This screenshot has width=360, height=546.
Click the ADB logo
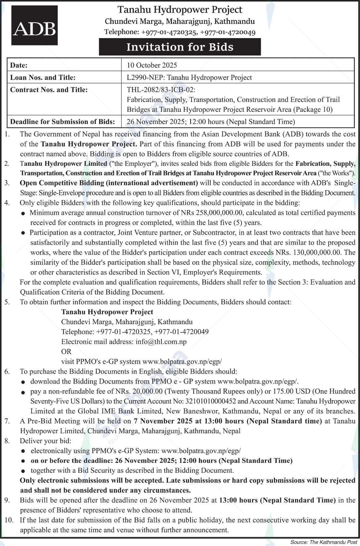[x=34, y=25]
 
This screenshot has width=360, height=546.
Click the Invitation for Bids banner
[x=180, y=47]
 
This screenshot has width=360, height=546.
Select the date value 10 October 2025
[x=152, y=65]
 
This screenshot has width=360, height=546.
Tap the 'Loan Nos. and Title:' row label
[x=43, y=78]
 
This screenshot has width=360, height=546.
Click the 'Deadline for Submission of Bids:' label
[x=62, y=122]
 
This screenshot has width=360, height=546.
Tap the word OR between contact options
[x=66, y=352]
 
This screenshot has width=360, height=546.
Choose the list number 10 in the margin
[x=9, y=520]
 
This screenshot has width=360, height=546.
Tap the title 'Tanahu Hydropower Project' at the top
[x=180, y=10]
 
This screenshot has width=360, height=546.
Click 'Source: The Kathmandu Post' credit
[x=323, y=542]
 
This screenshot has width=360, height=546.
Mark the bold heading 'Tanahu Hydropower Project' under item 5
[x=107, y=312]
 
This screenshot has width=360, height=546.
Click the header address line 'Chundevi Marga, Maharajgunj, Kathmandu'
[x=180, y=21]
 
